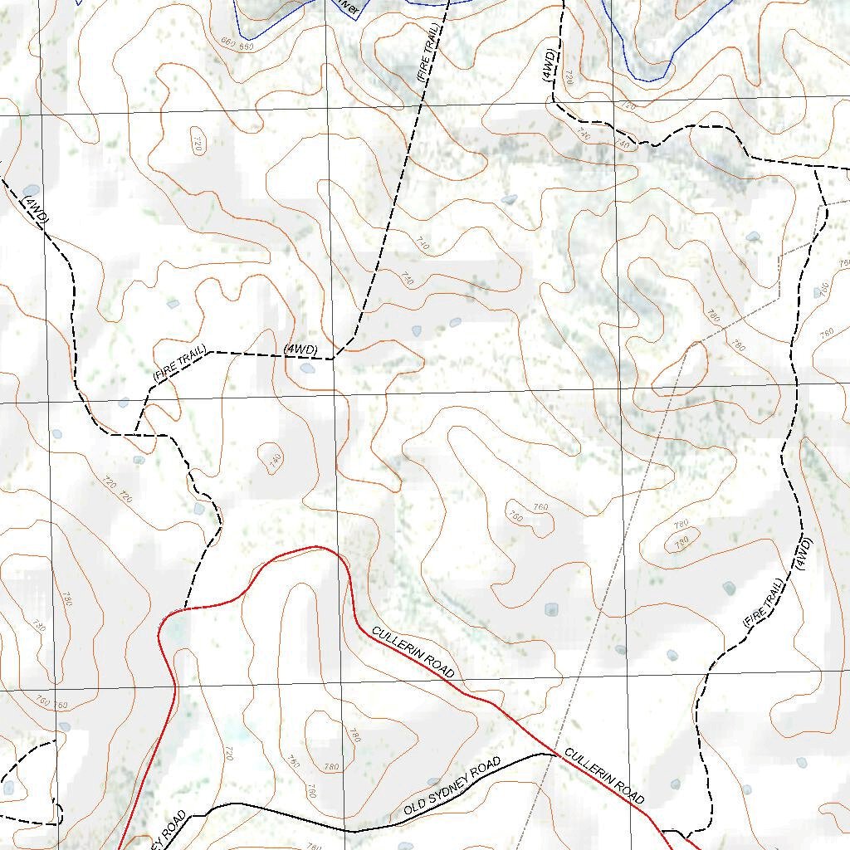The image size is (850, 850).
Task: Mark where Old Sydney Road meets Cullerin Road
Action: click(x=553, y=754)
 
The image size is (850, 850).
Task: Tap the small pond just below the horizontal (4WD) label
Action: click(x=307, y=368)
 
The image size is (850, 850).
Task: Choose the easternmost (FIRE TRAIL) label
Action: click(x=762, y=606)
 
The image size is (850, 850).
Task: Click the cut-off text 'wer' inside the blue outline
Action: click(x=349, y=8)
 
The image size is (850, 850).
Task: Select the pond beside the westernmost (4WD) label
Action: click(x=31, y=190)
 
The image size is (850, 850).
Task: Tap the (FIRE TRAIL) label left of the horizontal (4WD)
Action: click(x=178, y=364)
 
